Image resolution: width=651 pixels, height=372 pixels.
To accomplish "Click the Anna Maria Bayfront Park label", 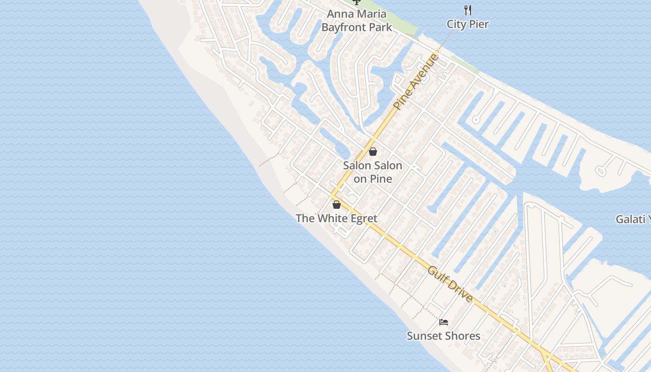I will coord(357,20).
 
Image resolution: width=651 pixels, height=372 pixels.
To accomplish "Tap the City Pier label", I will coord(467,24).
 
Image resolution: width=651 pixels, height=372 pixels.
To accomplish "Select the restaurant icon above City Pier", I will coord(468,10).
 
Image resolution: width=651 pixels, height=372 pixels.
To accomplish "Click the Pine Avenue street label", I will coord(416,82).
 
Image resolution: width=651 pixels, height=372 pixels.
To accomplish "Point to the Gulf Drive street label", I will coord(450,285).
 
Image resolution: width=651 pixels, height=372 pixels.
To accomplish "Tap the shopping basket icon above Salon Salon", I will coord(372,152).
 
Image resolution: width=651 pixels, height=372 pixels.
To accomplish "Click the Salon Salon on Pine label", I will coord(372,172).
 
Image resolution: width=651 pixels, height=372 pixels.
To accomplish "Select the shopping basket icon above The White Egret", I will coord(337,205).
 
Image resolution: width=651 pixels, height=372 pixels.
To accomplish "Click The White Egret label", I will coord(337,218).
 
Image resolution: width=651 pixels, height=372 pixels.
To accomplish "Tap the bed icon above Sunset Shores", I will coord(444,322).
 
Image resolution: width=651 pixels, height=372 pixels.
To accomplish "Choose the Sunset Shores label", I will coord(444,336).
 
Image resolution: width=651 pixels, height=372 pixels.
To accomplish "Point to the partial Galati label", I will coord(633,219).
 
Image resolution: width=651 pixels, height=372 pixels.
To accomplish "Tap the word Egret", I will coord(361,218).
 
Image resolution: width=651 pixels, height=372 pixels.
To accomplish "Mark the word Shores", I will coord(462,336).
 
